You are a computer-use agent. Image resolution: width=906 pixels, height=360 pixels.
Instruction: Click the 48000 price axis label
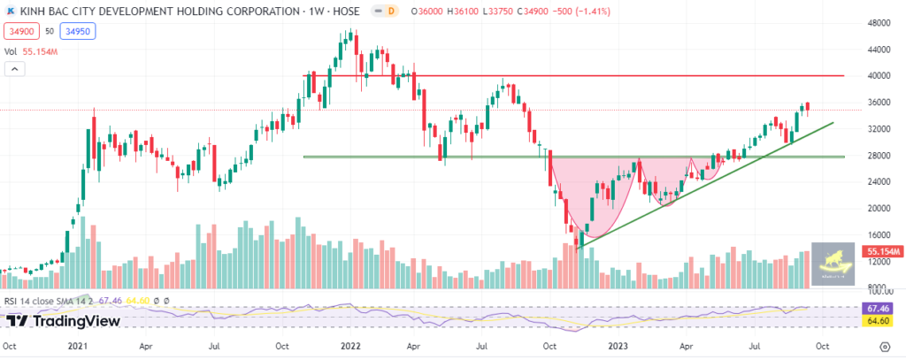(x=878, y=23)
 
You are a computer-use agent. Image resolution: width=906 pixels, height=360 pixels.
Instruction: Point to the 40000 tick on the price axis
(x=878, y=76)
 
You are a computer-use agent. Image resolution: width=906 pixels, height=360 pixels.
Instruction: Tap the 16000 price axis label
(x=878, y=235)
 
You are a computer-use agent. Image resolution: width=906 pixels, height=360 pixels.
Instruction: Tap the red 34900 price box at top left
(x=20, y=31)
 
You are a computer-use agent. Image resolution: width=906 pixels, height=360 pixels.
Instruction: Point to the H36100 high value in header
(x=460, y=11)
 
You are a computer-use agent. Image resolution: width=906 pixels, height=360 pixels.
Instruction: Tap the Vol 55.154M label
(x=34, y=52)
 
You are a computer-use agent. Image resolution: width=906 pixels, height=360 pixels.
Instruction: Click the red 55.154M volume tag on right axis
(x=880, y=252)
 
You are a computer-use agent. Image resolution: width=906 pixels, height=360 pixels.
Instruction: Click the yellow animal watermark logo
(x=833, y=261)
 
